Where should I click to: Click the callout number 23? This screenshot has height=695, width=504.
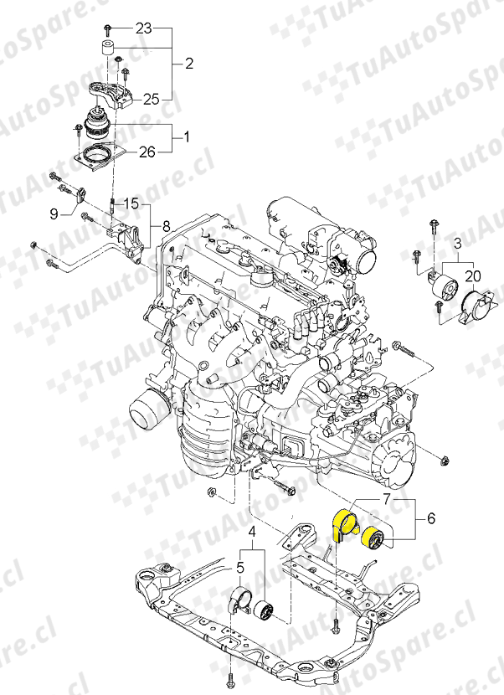(143, 28)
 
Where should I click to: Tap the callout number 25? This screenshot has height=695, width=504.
(151, 99)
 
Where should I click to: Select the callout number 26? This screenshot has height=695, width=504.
(147, 152)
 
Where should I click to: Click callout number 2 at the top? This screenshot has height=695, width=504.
(189, 63)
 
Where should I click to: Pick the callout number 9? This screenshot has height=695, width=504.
(53, 214)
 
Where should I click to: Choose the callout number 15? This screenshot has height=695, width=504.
(132, 204)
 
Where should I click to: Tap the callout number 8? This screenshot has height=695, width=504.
(166, 225)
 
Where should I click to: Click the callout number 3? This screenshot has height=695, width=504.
(458, 243)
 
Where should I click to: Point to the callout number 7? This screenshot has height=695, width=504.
(386, 499)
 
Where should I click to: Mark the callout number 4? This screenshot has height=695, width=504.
(252, 531)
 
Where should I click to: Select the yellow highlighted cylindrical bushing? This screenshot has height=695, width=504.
(372, 536)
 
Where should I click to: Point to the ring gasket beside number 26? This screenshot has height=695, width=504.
(99, 156)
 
